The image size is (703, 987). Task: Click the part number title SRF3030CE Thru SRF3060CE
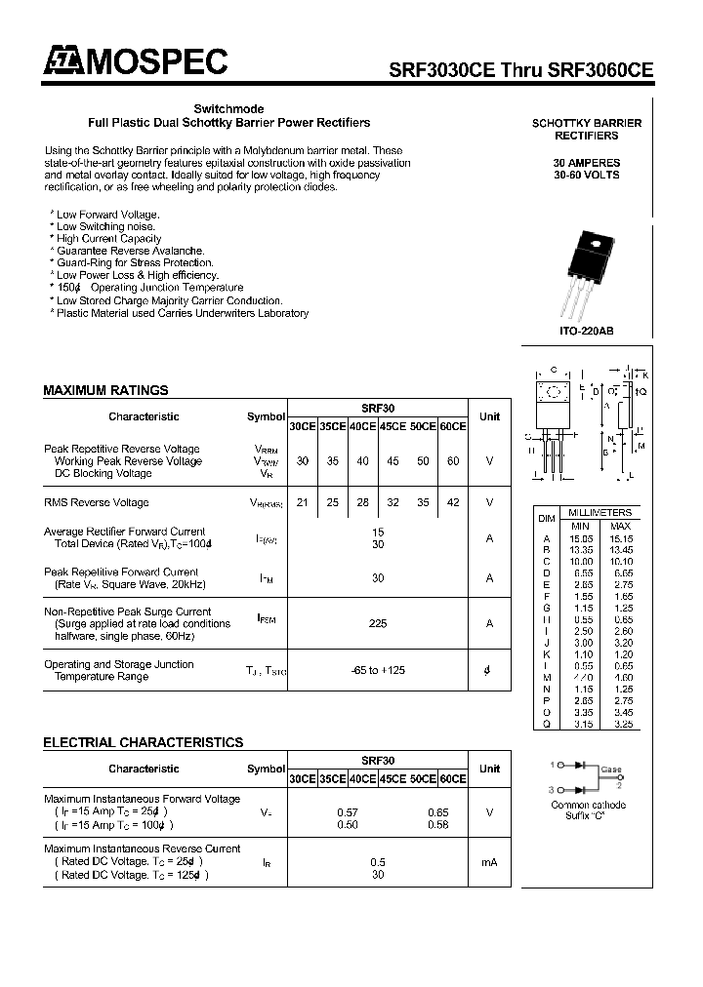(520, 70)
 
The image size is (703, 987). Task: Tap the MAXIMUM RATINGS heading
(105, 390)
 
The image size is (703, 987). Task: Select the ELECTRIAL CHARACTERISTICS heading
(143, 742)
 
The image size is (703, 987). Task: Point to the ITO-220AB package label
(587, 332)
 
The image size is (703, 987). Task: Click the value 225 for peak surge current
(377, 623)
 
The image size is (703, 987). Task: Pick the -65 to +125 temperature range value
(377, 670)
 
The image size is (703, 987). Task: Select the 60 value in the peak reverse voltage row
(452, 461)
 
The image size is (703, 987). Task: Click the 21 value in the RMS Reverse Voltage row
(302, 502)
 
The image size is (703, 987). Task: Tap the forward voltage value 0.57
(347, 811)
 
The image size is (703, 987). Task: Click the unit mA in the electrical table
(489, 862)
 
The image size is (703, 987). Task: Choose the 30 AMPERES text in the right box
(586, 162)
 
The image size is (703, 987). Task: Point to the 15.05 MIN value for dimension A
(581, 537)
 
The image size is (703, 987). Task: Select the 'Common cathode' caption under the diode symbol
(588, 805)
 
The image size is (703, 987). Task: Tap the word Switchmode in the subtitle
(228, 109)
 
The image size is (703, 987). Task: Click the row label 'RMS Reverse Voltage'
(97, 502)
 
